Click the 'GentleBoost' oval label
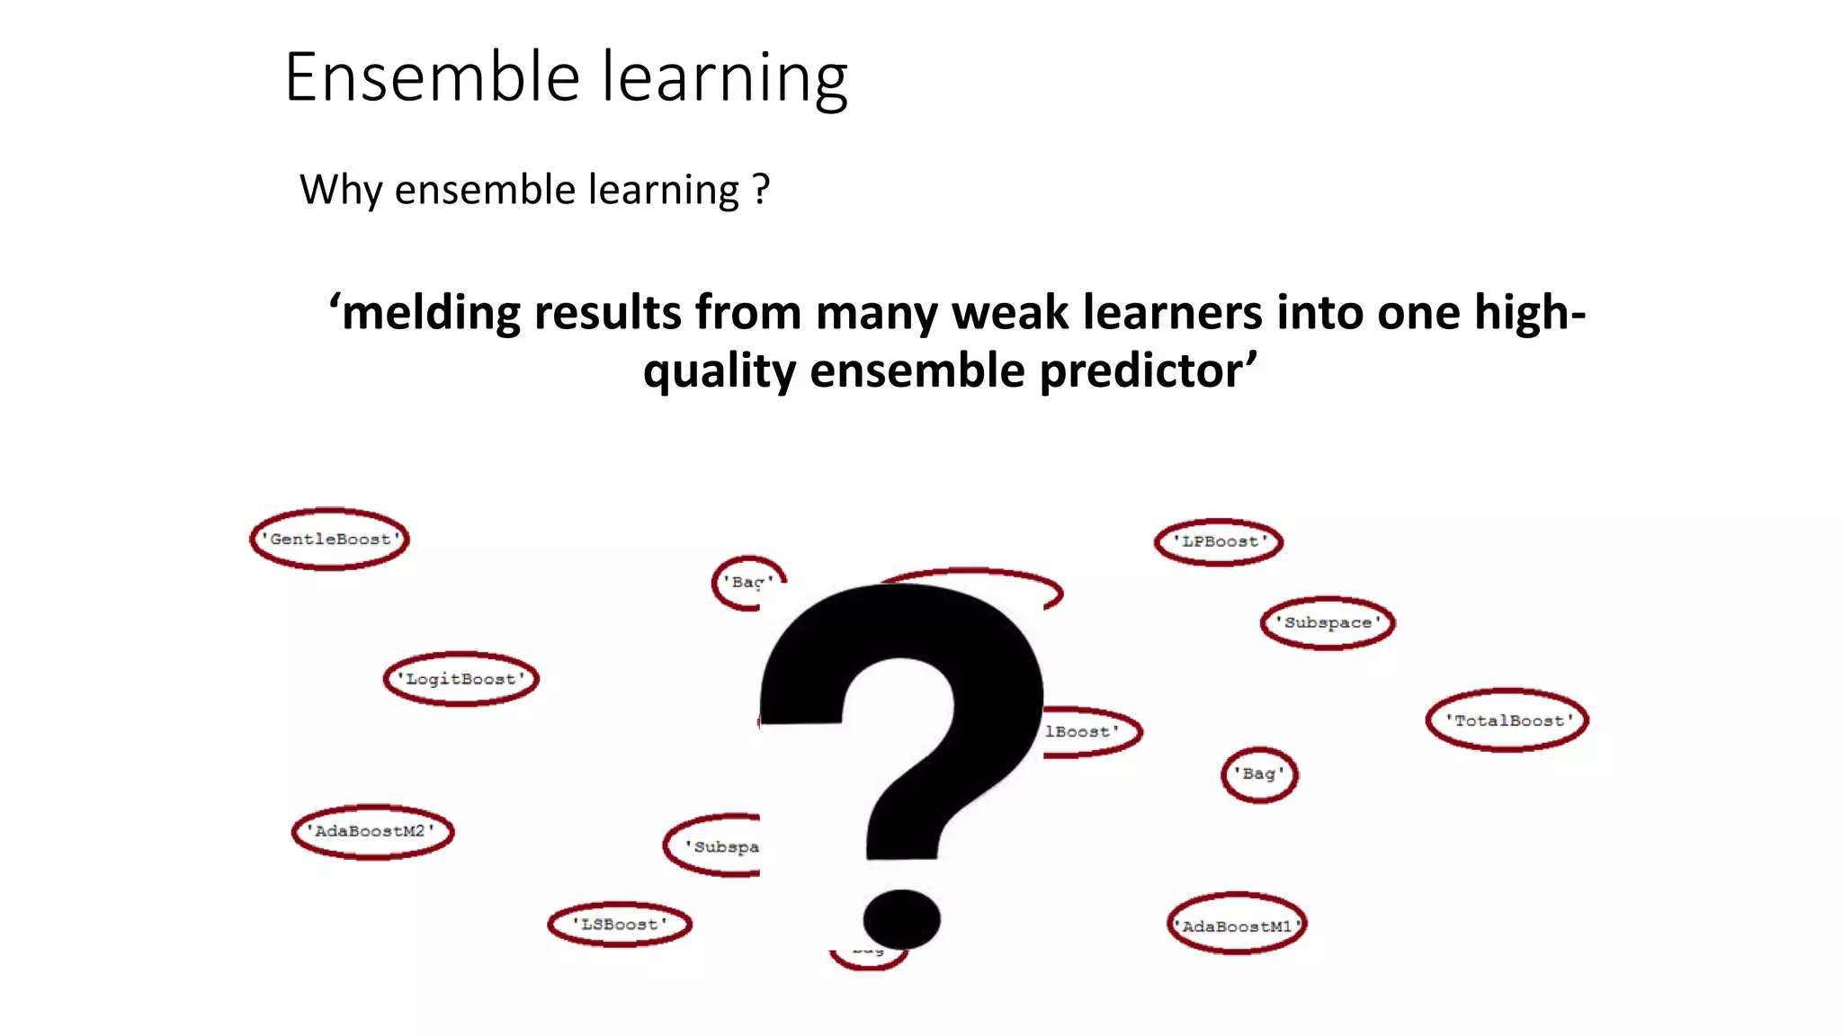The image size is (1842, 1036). click(x=330, y=539)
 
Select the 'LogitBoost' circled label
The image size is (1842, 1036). click(x=461, y=679)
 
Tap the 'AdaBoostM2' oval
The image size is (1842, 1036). click(x=372, y=831)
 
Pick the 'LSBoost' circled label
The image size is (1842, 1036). click(x=620, y=924)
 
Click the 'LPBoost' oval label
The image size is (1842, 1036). click(x=1219, y=541)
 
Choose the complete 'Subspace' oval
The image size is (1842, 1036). click(x=1328, y=622)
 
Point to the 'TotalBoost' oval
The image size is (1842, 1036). click(x=1507, y=720)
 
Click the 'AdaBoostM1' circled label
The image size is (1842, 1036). click(x=1237, y=925)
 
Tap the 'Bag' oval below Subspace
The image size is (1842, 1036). click(x=1259, y=773)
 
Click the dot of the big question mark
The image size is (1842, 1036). click(x=901, y=919)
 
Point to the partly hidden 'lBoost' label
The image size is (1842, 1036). click(x=1088, y=731)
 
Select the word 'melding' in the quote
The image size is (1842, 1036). click(x=430, y=313)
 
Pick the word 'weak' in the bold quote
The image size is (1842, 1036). click(x=1010, y=313)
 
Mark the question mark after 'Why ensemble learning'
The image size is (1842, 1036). click(x=761, y=189)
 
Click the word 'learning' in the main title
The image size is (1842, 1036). click(x=724, y=79)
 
